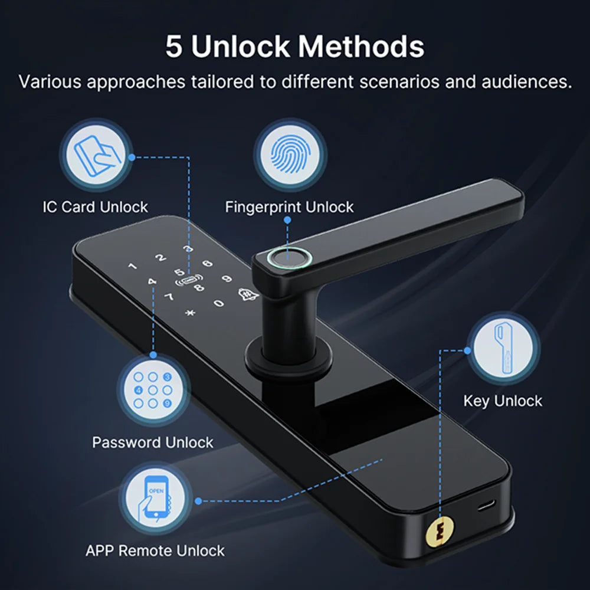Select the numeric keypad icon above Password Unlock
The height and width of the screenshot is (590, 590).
(153, 390)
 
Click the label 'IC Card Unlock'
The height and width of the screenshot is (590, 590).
(96, 207)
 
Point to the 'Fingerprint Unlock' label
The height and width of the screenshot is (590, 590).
(289, 207)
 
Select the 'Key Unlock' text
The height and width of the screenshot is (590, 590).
(503, 401)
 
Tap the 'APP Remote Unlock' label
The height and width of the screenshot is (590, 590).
(155, 551)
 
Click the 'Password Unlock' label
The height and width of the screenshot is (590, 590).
(153, 442)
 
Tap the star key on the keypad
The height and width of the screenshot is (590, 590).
(190, 312)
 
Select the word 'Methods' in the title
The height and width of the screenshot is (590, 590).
(361, 47)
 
